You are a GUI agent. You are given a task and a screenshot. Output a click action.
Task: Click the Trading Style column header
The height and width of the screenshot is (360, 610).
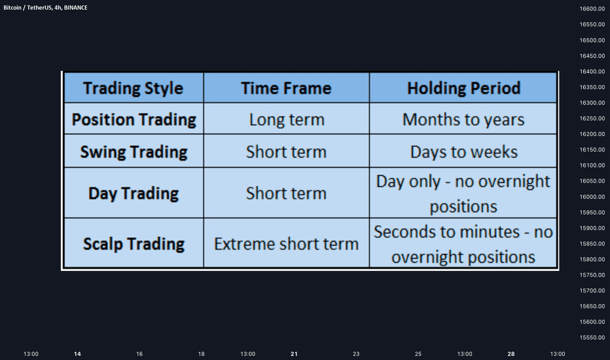(133, 88)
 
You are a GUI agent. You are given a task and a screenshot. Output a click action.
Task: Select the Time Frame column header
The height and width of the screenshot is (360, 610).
(286, 88)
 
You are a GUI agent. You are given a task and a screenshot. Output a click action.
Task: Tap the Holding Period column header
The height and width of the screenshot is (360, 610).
(464, 88)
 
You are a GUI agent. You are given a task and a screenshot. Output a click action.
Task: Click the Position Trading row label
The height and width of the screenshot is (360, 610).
(134, 120)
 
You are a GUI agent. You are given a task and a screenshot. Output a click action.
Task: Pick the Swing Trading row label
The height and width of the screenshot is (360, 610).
(134, 152)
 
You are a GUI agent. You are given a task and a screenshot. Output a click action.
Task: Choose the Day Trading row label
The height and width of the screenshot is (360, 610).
(134, 194)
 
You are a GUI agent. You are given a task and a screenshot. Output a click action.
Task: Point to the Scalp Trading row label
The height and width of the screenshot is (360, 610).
(134, 244)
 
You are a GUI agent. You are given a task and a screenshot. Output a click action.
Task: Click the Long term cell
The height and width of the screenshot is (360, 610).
(287, 120)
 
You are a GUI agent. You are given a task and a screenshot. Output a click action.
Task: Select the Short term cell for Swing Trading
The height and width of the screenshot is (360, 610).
(286, 152)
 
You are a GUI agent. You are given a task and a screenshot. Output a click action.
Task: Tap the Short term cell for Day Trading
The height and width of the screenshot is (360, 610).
(286, 194)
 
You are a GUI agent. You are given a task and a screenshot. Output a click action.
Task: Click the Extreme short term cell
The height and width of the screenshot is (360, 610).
(286, 244)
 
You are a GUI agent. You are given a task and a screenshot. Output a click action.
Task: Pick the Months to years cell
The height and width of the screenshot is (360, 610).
(463, 120)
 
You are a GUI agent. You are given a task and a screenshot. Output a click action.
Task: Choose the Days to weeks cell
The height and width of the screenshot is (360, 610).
(464, 152)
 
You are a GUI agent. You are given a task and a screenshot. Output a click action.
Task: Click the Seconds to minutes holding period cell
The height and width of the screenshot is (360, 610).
(463, 244)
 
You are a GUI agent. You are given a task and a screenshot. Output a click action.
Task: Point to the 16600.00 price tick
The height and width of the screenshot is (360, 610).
(592, 9)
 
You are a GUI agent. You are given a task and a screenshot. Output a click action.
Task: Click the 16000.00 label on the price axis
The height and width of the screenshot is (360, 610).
(592, 197)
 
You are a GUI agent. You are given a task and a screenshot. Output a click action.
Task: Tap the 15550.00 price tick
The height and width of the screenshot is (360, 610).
(592, 338)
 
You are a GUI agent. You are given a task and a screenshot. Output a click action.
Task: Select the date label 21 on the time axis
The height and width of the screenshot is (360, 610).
(294, 353)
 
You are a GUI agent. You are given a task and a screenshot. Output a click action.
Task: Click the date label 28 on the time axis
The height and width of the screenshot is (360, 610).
(511, 353)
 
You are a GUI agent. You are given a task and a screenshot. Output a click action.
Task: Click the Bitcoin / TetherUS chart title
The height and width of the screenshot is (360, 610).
(46, 8)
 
